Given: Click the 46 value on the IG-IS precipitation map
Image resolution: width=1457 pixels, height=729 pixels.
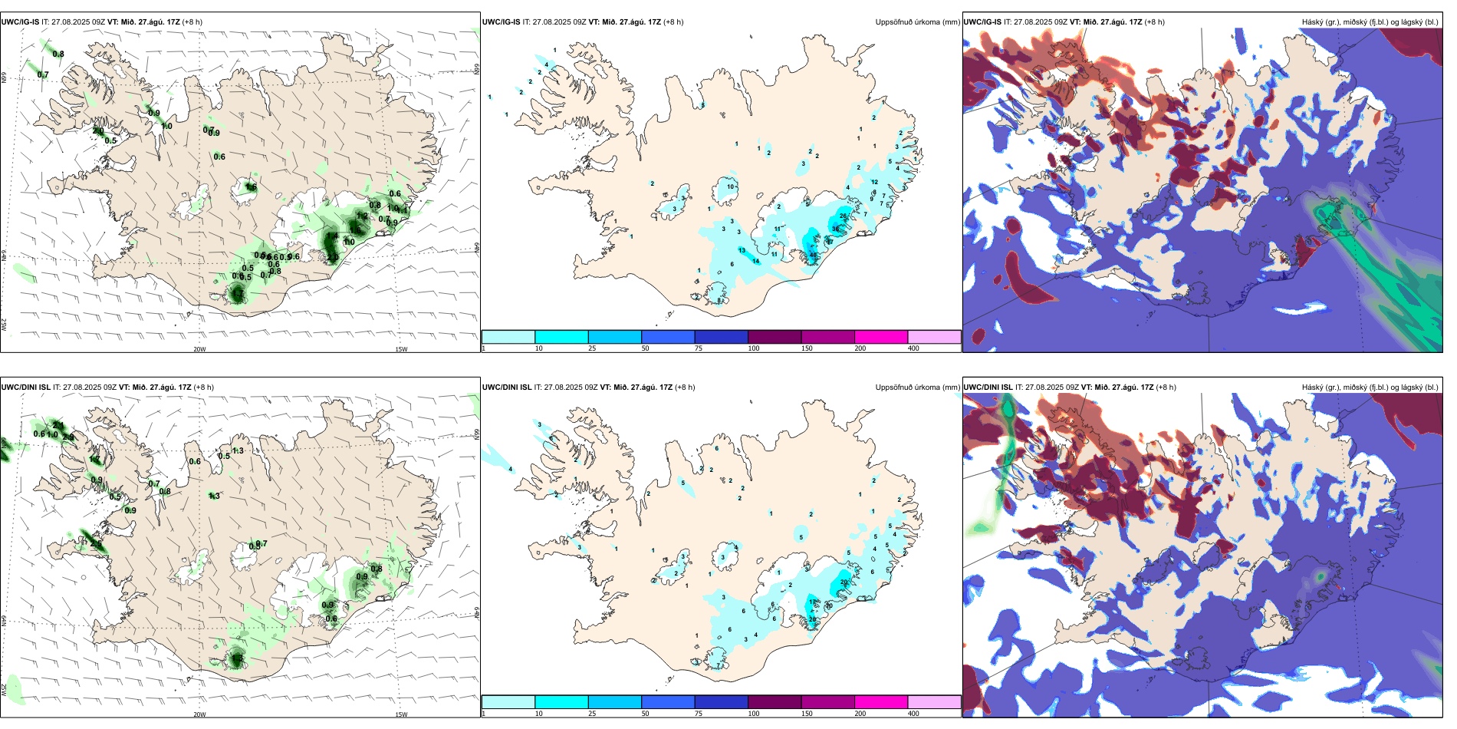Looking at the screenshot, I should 814,255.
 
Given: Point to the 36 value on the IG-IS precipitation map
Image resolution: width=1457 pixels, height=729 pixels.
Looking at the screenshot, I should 836,229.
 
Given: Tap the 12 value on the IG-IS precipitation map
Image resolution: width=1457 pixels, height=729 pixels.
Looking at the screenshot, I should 875,182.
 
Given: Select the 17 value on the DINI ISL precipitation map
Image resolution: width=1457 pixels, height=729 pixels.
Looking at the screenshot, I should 813,602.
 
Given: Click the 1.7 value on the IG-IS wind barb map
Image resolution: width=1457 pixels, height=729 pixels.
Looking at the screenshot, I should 362,216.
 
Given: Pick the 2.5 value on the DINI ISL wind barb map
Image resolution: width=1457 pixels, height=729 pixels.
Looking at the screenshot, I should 96,543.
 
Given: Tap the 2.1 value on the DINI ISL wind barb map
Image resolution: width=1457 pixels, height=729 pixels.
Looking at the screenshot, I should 59,424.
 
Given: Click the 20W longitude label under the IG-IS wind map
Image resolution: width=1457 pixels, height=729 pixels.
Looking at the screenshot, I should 199,349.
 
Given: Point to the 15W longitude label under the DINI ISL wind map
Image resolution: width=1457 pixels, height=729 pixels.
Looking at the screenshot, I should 401,714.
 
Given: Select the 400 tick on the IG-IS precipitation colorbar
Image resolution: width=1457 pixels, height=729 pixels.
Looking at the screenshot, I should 913,348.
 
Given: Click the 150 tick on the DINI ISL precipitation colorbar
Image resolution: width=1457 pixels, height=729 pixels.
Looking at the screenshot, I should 807,714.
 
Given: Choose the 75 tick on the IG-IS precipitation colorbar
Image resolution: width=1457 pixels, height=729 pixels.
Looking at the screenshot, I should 699,348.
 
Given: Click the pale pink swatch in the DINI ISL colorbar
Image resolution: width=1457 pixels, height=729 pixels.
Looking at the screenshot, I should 934,702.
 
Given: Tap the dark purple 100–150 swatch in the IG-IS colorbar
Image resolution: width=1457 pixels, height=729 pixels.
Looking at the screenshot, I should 775,337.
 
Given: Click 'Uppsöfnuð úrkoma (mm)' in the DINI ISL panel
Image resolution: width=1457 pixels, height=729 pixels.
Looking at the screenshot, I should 917,388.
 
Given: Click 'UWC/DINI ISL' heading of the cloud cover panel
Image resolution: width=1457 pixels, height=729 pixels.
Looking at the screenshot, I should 988,388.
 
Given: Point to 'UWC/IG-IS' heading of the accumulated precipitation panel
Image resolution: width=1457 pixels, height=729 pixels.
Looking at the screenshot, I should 502,22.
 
